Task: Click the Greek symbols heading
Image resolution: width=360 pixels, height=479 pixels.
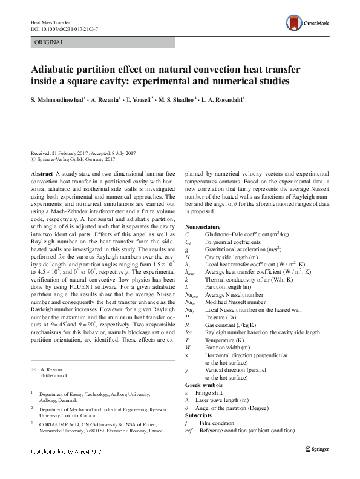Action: [204, 385]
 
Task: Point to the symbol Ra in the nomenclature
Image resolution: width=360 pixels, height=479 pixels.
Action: [189, 331]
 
